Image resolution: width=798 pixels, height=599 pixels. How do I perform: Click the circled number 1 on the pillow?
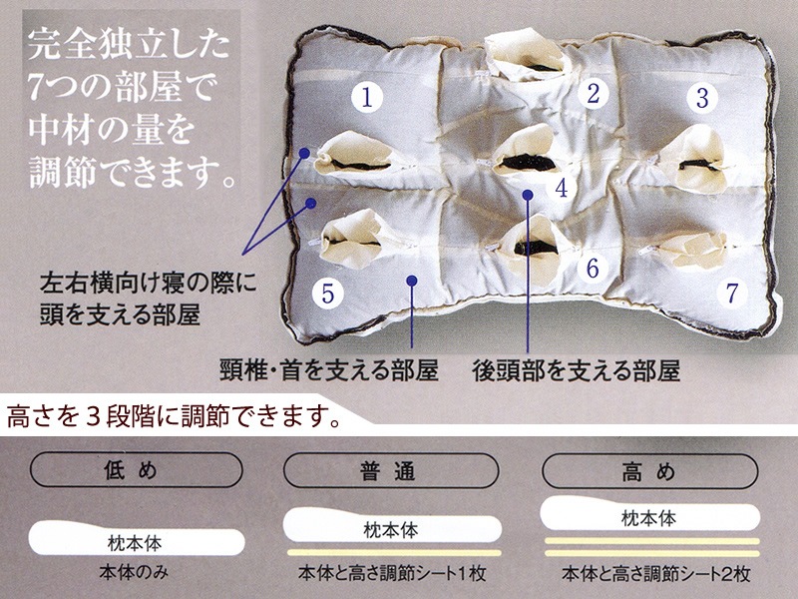(x=367, y=96)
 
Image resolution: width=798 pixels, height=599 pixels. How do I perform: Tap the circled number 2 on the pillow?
(x=593, y=93)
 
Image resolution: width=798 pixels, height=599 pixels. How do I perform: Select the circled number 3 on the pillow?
(x=702, y=97)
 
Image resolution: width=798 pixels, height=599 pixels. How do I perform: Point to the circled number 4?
(x=562, y=188)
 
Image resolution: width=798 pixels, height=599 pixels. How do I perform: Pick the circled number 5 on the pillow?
(x=328, y=294)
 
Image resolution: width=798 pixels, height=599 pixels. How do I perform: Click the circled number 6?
(x=593, y=268)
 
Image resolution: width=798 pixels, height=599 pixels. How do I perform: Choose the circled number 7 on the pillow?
(x=731, y=293)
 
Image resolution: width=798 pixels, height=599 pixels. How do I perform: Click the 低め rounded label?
(x=137, y=469)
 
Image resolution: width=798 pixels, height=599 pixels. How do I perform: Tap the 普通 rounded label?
(x=390, y=470)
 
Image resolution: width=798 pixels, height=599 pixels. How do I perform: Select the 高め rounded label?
(x=650, y=470)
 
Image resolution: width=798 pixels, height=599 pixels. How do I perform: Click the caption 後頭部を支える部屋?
(x=576, y=371)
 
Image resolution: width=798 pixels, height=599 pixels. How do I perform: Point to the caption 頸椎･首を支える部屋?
(x=329, y=370)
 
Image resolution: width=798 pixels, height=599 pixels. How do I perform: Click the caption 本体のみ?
(x=134, y=572)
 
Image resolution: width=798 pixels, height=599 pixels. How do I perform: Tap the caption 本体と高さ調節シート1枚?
(x=392, y=573)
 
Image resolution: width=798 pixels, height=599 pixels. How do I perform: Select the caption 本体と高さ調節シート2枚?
(x=656, y=573)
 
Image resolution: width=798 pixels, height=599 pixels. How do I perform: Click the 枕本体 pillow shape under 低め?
(x=137, y=539)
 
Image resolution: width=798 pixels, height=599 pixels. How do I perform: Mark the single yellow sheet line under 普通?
(x=394, y=553)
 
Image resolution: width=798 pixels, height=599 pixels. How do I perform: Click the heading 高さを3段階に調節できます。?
(x=173, y=416)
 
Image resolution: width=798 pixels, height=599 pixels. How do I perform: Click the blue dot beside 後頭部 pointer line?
(x=528, y=195)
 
